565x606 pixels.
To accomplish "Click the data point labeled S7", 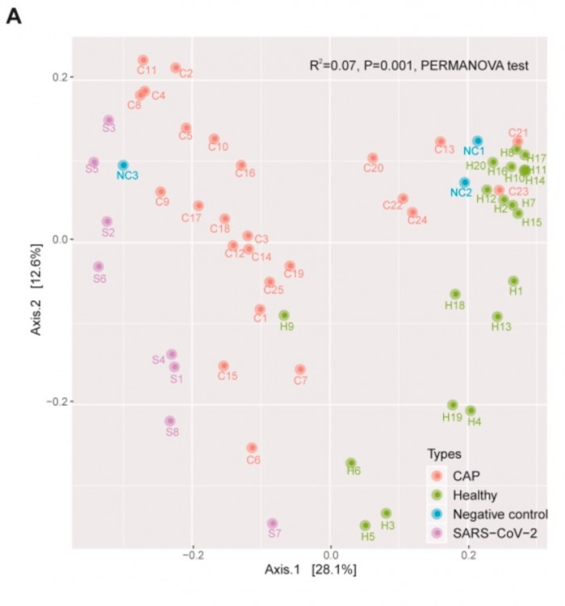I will (273, 524).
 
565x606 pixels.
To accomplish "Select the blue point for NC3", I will (123, 165).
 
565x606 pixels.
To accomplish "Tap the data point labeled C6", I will (252, 448).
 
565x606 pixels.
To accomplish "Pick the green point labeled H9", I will (284, 316).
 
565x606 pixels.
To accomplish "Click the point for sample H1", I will (513, 281).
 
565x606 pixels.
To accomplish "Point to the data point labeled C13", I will (441, 142).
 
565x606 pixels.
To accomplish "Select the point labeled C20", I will (373, 158).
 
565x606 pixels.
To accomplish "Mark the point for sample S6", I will (98, 266).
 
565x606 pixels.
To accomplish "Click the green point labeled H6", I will (351, 463).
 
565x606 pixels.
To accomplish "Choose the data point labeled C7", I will (300, 370).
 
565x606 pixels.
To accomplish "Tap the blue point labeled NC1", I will (478, 141).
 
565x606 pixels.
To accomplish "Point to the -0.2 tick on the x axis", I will (193, 556).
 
